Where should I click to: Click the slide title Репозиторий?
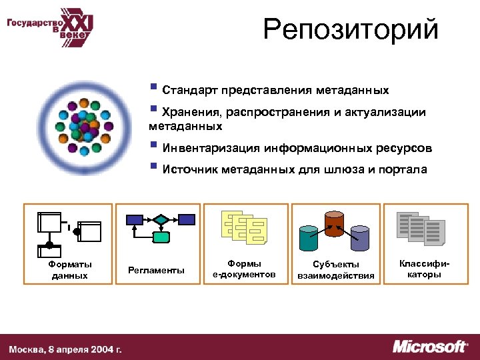[x=351, y=31]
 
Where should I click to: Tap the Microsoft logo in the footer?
[x=429, y=347]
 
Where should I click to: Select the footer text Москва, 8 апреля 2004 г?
[x=65, y=349]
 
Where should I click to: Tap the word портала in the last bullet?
[x=402, y=169]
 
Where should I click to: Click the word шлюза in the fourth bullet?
[x=342, y=169]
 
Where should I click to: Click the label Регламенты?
[x=157, y=270]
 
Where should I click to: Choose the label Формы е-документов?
[x=244, y=269]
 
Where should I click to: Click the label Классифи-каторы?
[x=420, y=269]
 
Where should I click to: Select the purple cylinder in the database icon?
[x=359, y=238]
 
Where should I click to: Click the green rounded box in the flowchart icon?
[x=161, y=237]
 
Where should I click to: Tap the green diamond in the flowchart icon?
[x=161, y=219]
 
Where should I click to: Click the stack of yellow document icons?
[x=244, y=227]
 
